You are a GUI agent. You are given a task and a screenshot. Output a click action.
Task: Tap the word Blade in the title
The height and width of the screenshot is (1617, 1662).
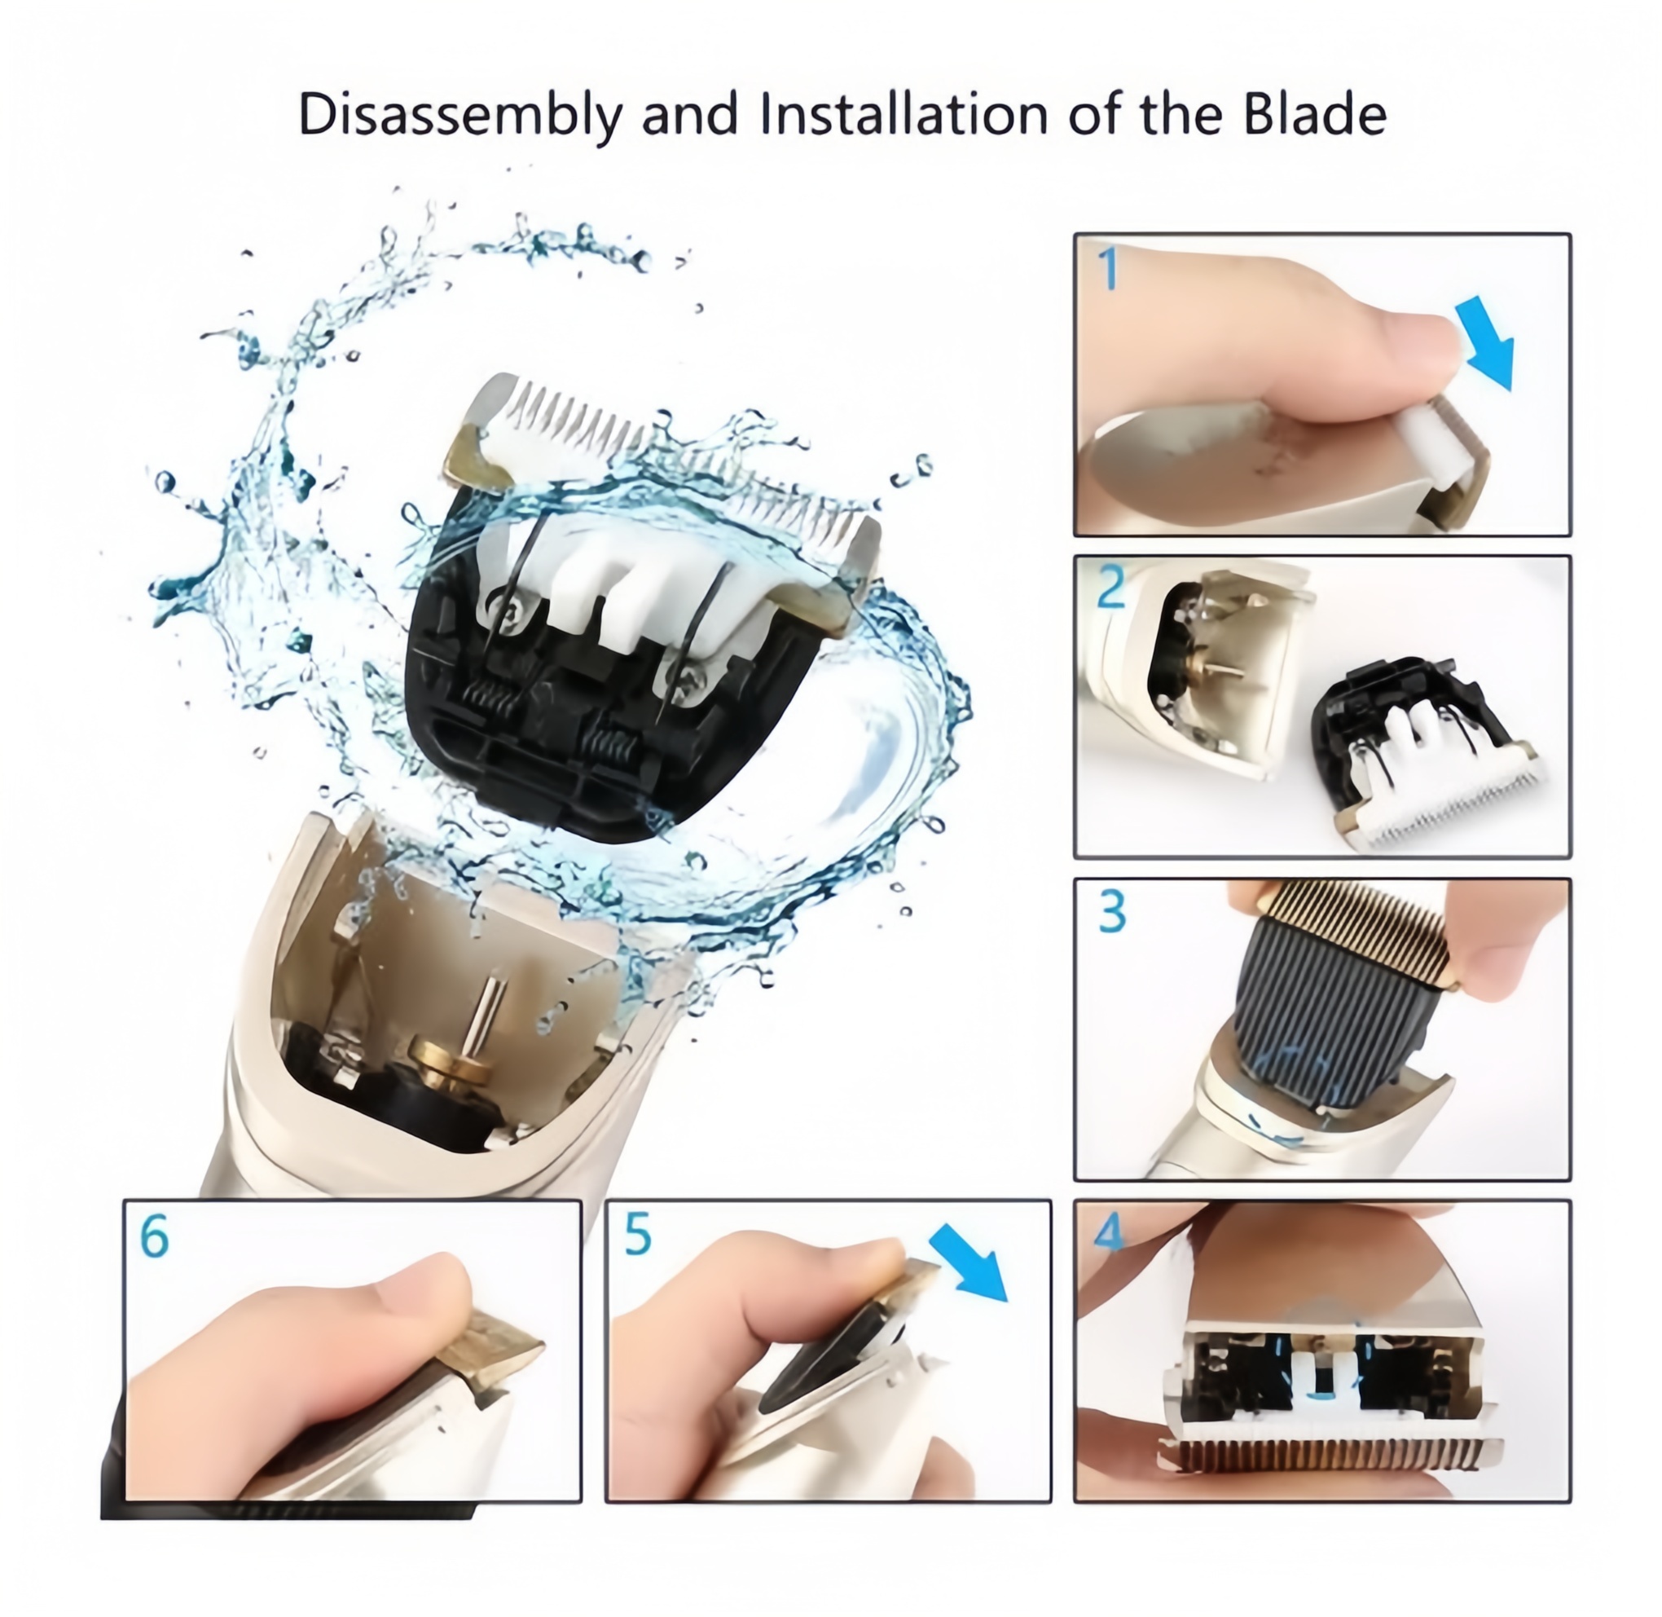click(1315, 114)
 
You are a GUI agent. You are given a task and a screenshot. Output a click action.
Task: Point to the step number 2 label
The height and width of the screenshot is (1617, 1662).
click(1112, 587)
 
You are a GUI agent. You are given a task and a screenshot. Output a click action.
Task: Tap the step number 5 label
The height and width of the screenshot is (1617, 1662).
click(637, 1234)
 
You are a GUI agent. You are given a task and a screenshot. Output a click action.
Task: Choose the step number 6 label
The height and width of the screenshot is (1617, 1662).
click(154, 1236)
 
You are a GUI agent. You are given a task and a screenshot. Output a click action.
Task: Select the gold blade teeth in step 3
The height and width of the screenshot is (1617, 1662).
click(1362, 926)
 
